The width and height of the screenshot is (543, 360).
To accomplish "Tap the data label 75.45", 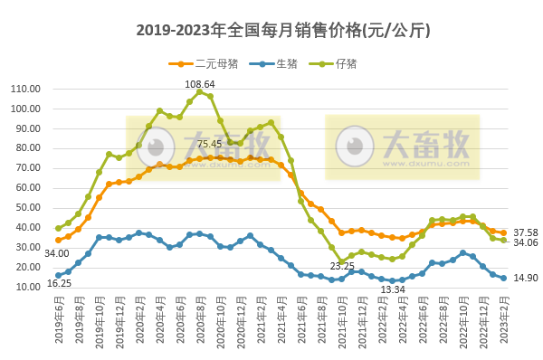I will [x=209, y=144].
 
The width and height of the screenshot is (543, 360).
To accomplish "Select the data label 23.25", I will [x=342, y=266].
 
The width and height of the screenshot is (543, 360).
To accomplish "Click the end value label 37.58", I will [x=526, y=232].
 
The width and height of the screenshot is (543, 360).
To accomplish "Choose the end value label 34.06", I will [x=526, y=242].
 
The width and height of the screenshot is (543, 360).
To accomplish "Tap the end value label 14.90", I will [x=526, y=278].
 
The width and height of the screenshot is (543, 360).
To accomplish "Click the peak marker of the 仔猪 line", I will [x=200, y=91].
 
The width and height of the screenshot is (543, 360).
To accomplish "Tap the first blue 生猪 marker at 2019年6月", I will [x=58, y=275].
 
